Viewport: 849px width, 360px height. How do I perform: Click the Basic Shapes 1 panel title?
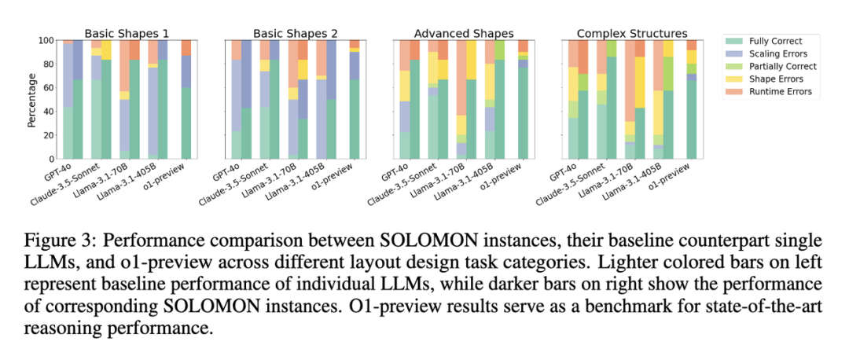pyautogui.click(x=126, y=34)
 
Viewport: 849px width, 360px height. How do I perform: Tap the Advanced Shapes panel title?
pyautogui.click(x=464, y=34)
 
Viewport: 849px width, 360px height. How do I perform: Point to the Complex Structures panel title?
pyautogui.click(x=632, y=34)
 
